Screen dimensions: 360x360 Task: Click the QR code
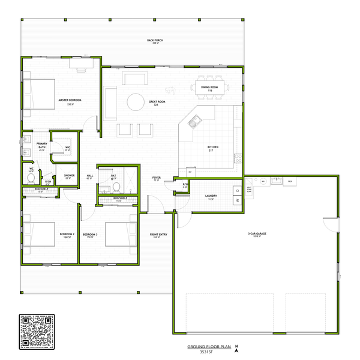click(x=37, y=331)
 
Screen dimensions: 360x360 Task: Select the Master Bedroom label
click(x=70, y=101)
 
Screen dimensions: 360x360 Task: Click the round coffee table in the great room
click(x=135, y=102)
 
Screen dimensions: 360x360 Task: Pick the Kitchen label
click(x=213, y=148)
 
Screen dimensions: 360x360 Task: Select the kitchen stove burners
click(x=238, y=160)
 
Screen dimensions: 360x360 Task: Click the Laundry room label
click(x=211, y=196)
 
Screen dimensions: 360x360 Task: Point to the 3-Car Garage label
click(x=256, y=234)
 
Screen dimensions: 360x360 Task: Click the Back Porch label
click(x=155, y=41)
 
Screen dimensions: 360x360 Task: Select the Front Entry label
click(x=159, y=235)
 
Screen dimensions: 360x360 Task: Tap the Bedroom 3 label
click(x=90, y=235)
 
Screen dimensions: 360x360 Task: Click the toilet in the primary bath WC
click(x=31, y=178)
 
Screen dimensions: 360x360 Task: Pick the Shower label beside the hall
click(x=69, y=176)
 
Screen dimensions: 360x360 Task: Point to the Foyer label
click(x=156, y=178)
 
